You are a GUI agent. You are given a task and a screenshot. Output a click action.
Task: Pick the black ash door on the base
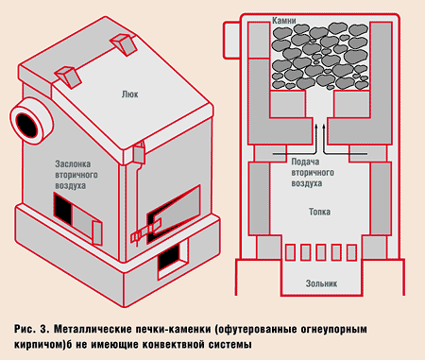[170, 256]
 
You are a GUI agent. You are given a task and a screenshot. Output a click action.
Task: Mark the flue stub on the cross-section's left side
[230, 39]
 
